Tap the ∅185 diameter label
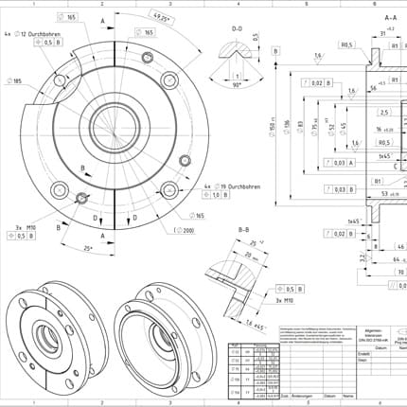coord(16,81)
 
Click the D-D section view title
coord(238,28)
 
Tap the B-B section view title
coord(242,230)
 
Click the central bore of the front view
coord(113,120)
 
